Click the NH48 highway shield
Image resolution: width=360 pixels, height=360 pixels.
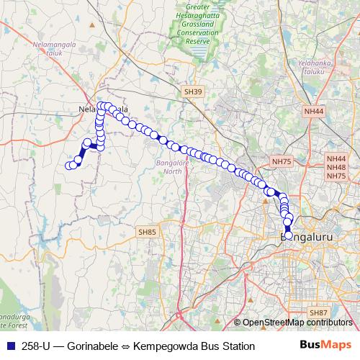pyautogui.click(x=336, y=167)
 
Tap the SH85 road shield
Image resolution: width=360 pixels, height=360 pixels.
pyautogui.click(x=147, y=231)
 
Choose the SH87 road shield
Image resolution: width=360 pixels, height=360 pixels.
pyautogui.click(x=318, y=312)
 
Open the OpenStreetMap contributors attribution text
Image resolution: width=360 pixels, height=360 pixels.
pyautogui.click(x=296, y=322)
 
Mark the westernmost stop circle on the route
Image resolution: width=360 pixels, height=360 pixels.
pyautogui.click(x=69, y=166)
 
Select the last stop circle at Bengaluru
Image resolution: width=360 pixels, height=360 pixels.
pyautogui.click(x=289, y=235)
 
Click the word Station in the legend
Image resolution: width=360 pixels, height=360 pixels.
pyautogui.click(x=235, y=346)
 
